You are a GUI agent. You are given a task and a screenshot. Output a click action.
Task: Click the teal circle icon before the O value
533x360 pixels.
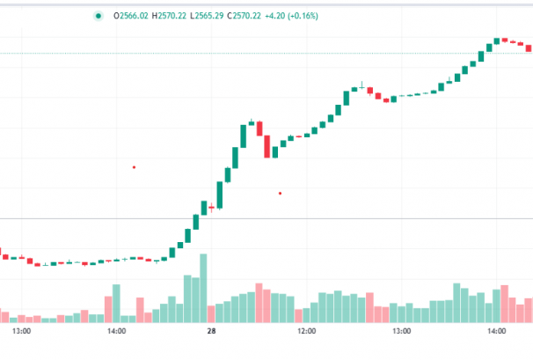(x=98, y=15)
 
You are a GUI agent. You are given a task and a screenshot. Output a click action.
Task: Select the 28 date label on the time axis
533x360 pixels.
(x=212, y=331)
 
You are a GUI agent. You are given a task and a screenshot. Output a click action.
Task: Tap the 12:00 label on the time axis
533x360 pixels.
(x=307, y=331)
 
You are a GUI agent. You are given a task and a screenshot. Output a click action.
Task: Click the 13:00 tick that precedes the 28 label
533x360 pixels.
(x=21, y=331)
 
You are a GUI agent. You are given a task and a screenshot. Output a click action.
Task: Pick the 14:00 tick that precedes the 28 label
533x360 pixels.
(x=116, y=331)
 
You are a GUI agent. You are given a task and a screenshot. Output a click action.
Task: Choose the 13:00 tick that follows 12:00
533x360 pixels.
(x=402, y=331)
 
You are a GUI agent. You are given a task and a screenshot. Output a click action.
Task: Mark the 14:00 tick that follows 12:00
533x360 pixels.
(x=497, y=331)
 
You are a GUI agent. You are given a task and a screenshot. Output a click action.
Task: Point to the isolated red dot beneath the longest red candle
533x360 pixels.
(x=280, y=193)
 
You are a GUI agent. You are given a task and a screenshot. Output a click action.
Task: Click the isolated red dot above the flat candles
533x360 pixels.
(x=134, y=166)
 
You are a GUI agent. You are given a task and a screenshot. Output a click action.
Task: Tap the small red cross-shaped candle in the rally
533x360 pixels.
(x=212, y=208)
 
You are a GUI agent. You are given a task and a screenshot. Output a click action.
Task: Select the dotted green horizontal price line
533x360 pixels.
(x=264, y=53)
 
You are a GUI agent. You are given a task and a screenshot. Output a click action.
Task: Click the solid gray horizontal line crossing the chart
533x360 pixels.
(x=264, y=218)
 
